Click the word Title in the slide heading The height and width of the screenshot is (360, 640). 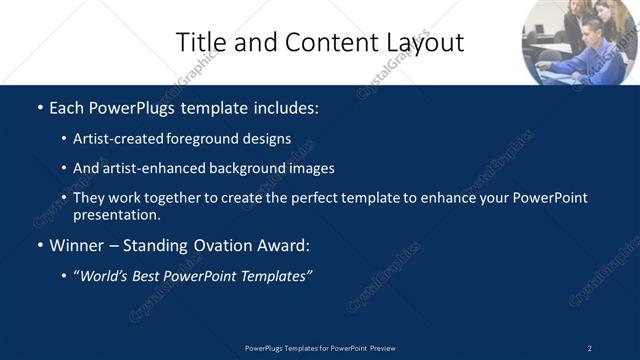click(200, 42)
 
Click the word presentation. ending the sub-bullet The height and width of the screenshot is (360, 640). click(116, 214)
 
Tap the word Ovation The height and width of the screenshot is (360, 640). click(219, 245)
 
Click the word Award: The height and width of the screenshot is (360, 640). click(284, 245)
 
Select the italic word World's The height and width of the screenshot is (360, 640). click(106, 276)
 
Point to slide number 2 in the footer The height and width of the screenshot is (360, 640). click(589, 348)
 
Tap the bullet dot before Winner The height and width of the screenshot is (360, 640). click(39, 246)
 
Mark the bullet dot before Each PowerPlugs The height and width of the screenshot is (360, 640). click(39, 107)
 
